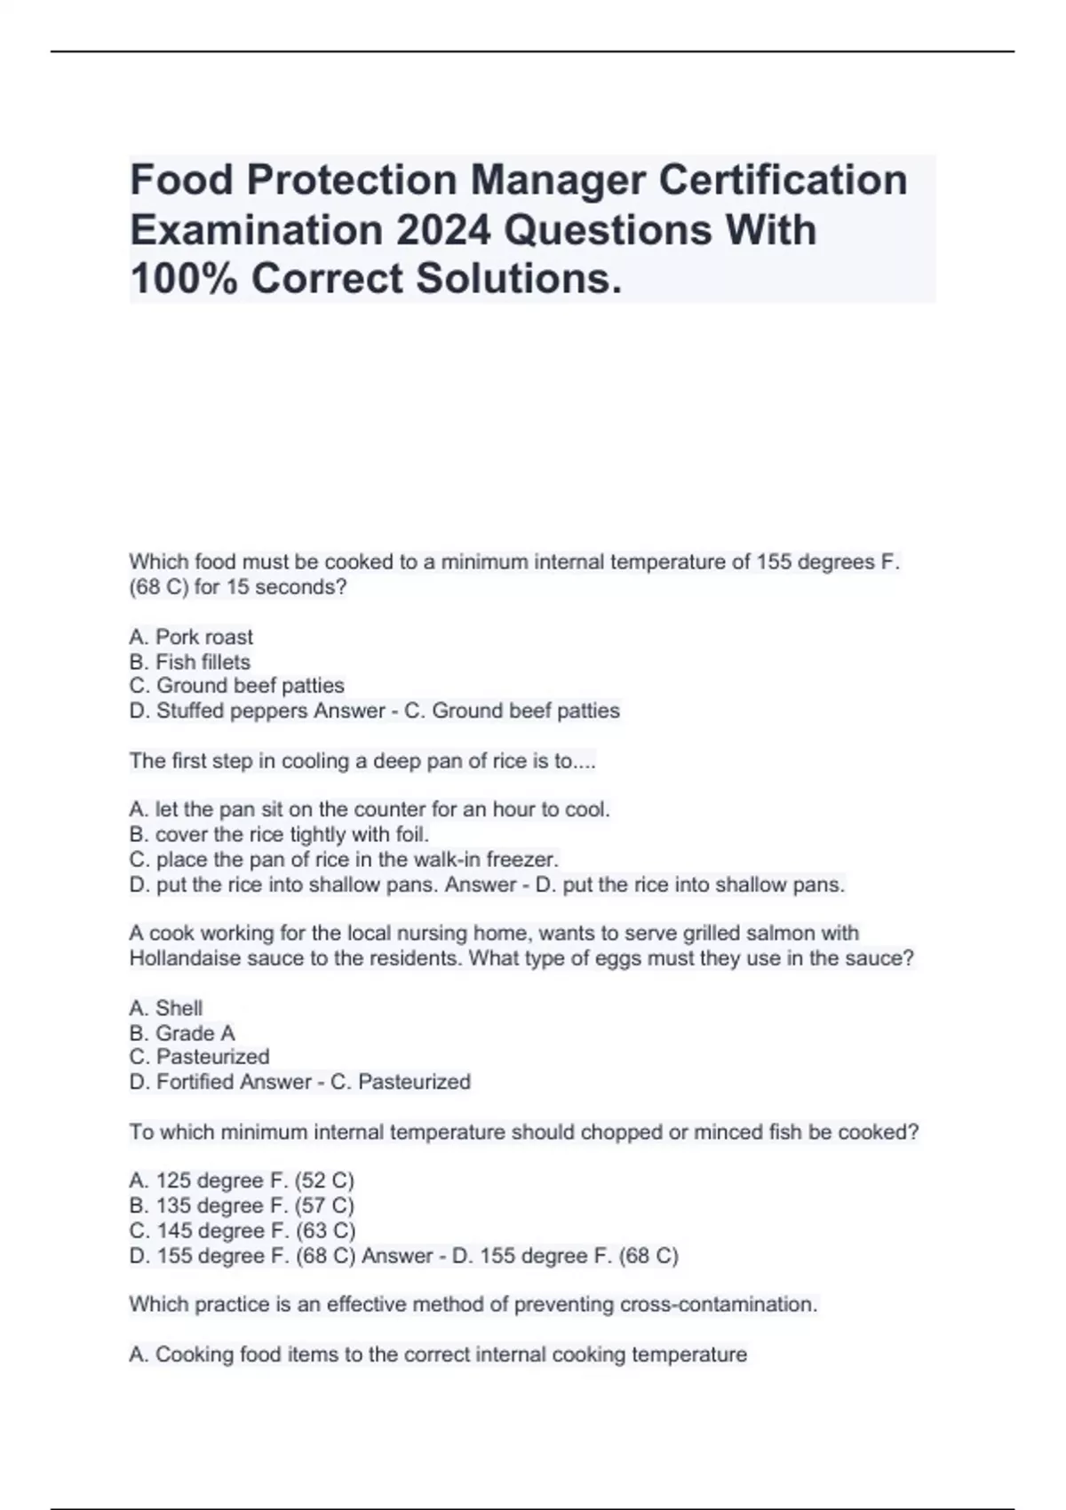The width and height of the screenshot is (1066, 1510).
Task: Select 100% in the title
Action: (x=184, y=279)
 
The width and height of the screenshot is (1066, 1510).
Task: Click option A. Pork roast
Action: (x=191, y=637)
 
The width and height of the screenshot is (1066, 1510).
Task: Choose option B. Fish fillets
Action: (x=190, y=662)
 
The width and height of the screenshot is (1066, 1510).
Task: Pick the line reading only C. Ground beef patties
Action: (x=236, y=686)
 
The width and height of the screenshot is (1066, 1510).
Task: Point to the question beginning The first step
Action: (x=362, y=761)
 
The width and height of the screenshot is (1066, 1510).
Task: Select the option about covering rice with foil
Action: (x=279, y=834)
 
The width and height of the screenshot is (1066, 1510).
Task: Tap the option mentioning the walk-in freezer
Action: (x=344, y=859)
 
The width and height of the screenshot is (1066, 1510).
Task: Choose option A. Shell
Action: (x=166, y=1008)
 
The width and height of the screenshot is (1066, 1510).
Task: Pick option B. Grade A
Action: (x=182, y=1033)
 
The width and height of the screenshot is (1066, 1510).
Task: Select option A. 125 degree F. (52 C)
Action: (x=242, y=1180)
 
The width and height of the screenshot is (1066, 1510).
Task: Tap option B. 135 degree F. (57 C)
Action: (x=242, y=1205)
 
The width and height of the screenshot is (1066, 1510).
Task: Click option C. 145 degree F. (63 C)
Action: (x=243, y=1230)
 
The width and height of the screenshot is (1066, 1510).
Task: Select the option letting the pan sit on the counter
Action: (x=370, y=809)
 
